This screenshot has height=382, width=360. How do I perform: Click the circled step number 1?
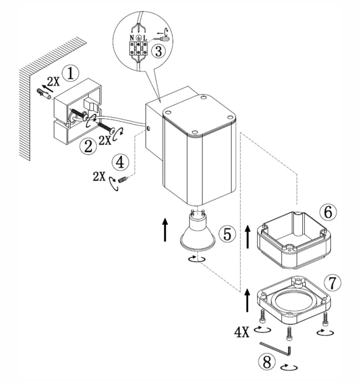click(70, 73)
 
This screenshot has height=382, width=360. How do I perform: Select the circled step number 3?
click(158, 51)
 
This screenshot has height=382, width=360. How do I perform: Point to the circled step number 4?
click(120, 163)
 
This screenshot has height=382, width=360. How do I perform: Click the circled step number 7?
click(333, 283)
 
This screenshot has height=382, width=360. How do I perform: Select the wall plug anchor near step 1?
click(44, 94)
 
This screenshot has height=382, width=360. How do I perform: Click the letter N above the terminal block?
click(132, 38)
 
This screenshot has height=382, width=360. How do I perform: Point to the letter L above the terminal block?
click(145, 38)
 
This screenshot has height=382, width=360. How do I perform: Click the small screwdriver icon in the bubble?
click(161, 39)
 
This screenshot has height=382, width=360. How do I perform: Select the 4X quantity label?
click(242, 332)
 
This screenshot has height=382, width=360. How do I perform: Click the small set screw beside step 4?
click(123, 180)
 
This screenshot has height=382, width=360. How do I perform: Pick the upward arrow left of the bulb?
click(165, 230)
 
